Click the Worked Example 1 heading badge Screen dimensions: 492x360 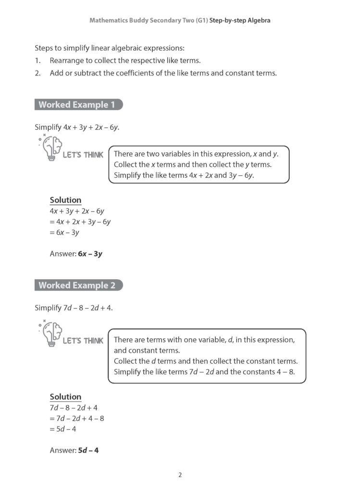click(x=77, y=105)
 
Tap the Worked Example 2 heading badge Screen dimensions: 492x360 click(x=77, y=285)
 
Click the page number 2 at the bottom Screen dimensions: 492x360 click(x=180, y=475)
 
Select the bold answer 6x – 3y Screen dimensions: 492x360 click(x=90, y=253)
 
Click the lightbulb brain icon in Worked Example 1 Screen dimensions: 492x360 click(x=51, y=148)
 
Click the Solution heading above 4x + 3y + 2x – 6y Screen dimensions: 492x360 click(x=65, y=200)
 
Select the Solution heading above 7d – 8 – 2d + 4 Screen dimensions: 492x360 click(x=65, y=397)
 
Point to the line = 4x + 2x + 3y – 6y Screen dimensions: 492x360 click(x=80, y=221)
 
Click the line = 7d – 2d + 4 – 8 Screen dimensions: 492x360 click(x=77, y=418)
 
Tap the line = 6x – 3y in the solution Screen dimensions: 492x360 click(x=64, y=233)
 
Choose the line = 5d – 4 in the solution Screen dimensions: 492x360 click(x=63, y=429)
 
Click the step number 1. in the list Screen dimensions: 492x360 click(x=37, y=61)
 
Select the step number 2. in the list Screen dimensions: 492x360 click(x=37, y=73)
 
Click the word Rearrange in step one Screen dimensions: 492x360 click(x=68, y=61)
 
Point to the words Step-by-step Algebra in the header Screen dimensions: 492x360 click(x=240, y=21)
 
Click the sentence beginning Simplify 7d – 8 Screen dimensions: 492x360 click(x=74, y=307)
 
